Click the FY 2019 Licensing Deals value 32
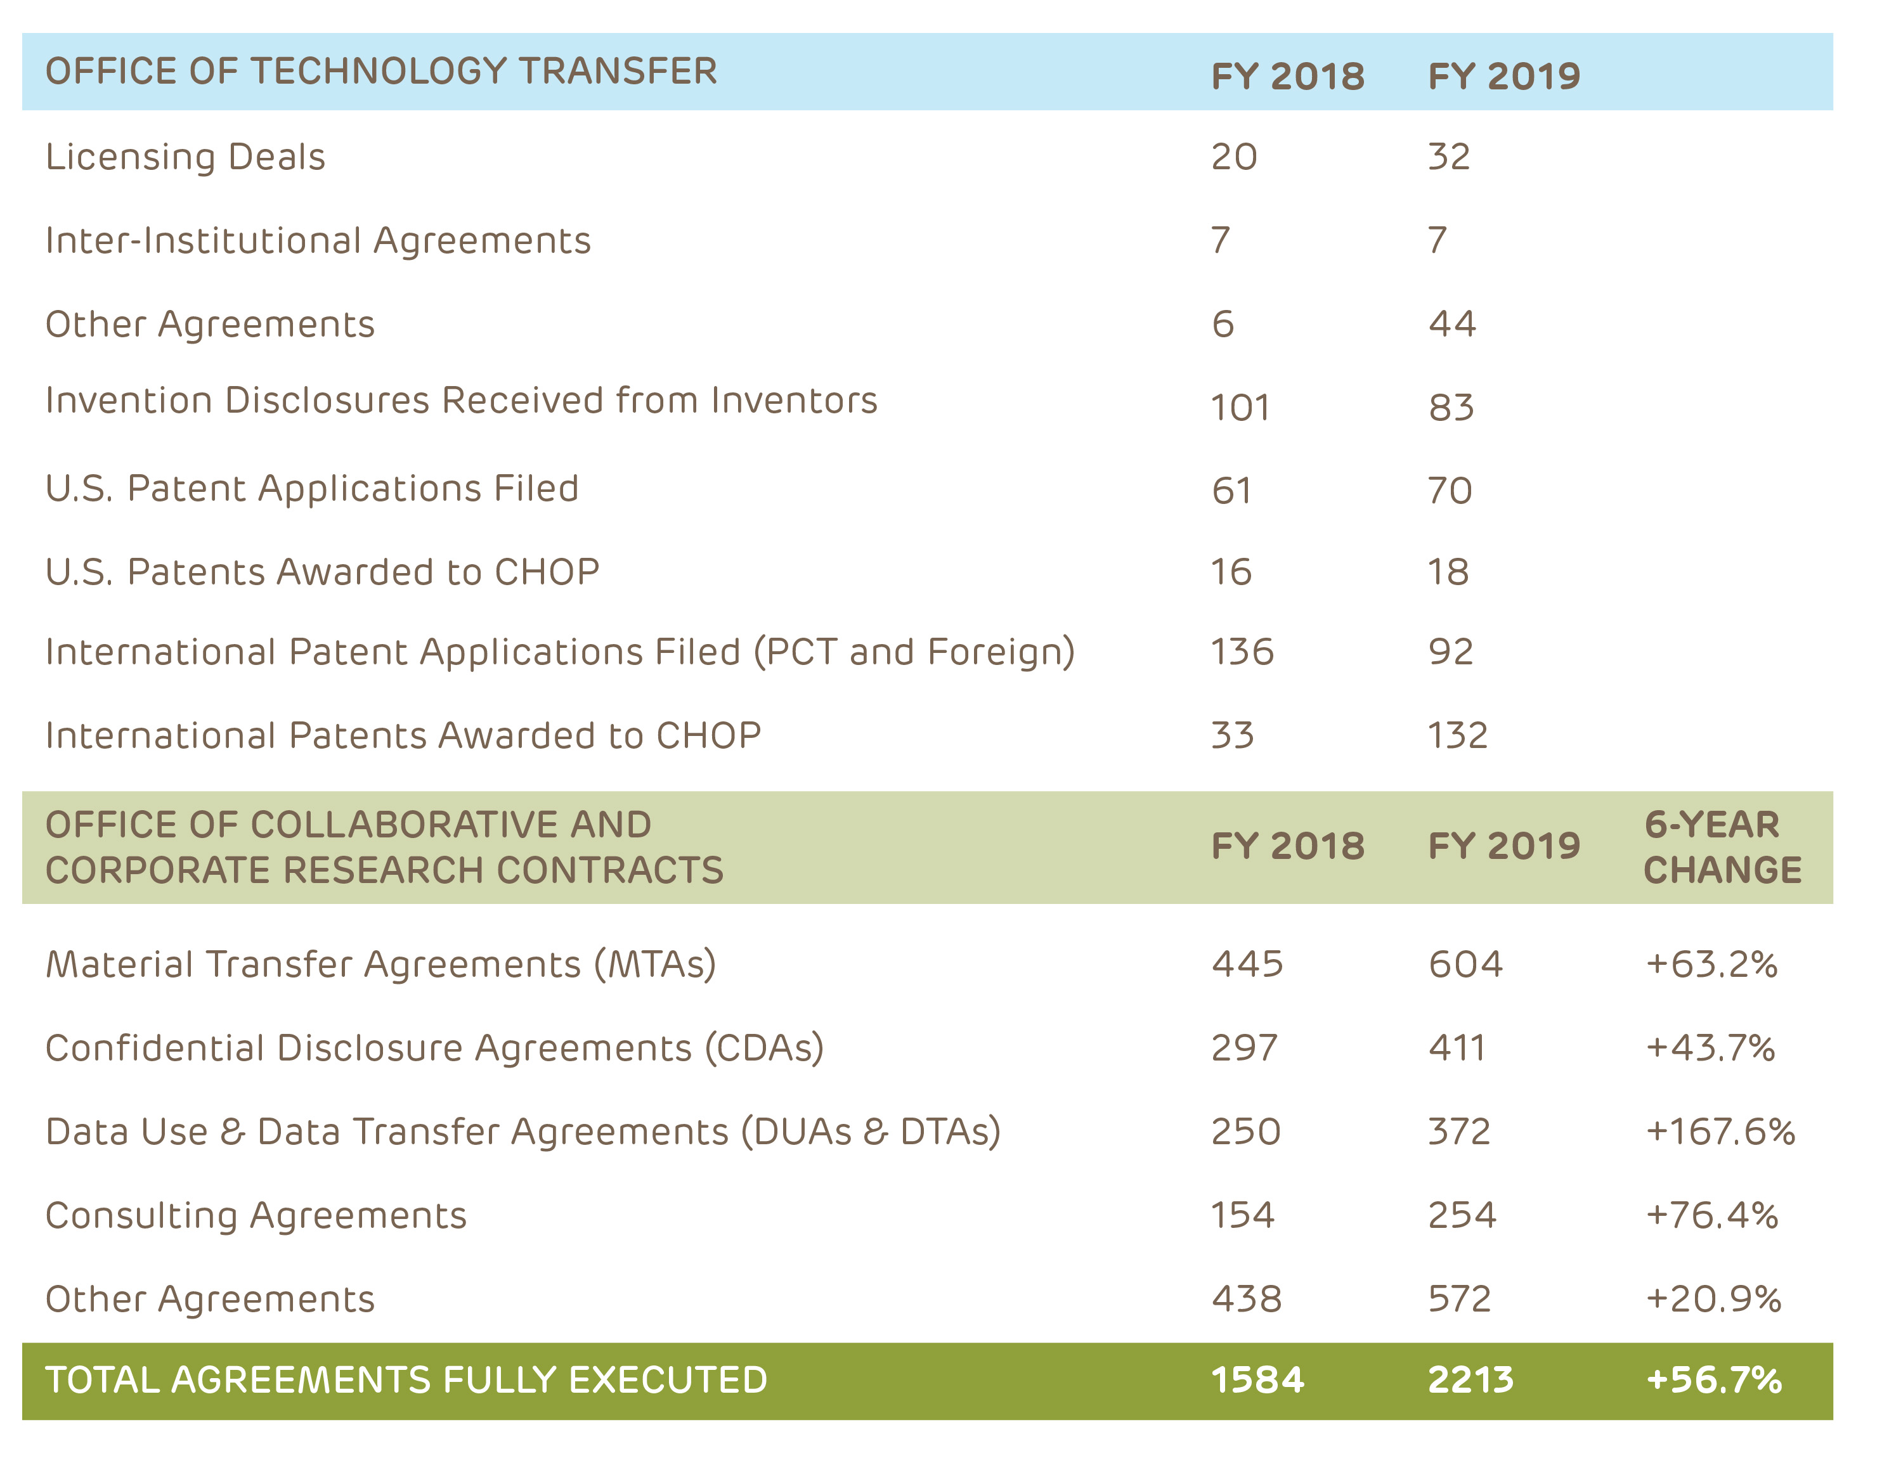pyautogui.click(x=1448, y=157)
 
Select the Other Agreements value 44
pyautogui.click(x=1452, y=324)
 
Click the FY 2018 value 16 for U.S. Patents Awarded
pyautogui.click(x=1231, y=572)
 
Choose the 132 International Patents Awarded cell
pyautogui.click(x=1457, y=735)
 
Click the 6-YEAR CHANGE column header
pyautogui.click(x=1722, y=847)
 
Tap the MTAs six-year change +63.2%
pyautogui.click(x=1711, y=964)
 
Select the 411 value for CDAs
pyautogui.click(x=1457, y=1048)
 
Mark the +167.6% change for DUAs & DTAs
pyautogui.click(x=1720, y=1132)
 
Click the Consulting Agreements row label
pyautogui.click(x=256, y=1215)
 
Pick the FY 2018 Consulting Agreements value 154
pyautogui.click(x=1243, y=1215)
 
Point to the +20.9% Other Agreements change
pyautogui.click(x=1713, y=1299)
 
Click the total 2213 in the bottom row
pyautogui.click(x=1470, y=1380)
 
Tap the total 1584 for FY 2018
pyautogui.click(x=1257, y=1380)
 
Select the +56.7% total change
pyautogui.click(x=1713, y=1380)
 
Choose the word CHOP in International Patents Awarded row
pyautogui.click(x=708, y=735)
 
